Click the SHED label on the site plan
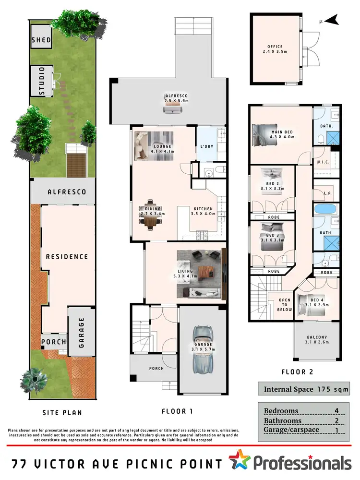click(x=41, y=40)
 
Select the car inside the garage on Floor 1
click(x=202, y=349)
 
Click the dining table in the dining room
click(x=150, y=217)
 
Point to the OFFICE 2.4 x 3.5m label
click(x=275, y=49)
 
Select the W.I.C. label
click(x=323, y=163)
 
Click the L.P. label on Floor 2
click(x=328, y=193)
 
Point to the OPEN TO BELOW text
click(x=285, y=305)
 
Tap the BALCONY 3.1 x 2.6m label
click(x=317, y=340)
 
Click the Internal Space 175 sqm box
click(x=305, y=389)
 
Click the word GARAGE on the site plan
click(x=82, y=332)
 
